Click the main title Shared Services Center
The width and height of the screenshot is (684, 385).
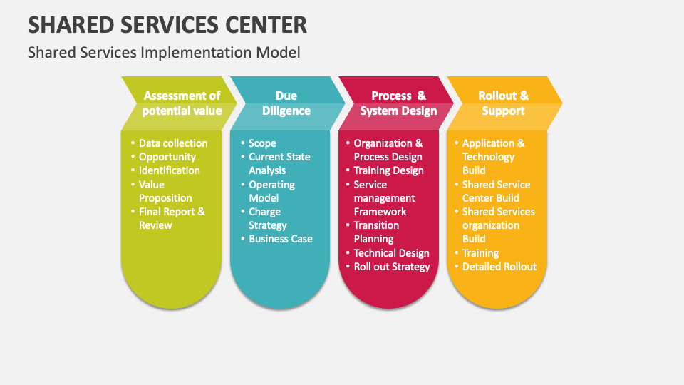click(167, 24)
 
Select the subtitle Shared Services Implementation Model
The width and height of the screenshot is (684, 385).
click(164, 52)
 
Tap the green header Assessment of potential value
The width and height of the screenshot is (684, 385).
click(182, 103)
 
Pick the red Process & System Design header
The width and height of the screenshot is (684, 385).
click(398, 103)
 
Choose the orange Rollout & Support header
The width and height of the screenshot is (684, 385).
click(503, 103)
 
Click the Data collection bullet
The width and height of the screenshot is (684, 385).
click(173, 143)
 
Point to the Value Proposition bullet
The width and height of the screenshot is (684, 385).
click(165, 191)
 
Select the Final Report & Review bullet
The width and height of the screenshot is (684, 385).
click(172, 218)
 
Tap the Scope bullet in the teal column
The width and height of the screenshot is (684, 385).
click(262, 143)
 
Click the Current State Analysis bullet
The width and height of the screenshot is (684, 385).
click(279, 163)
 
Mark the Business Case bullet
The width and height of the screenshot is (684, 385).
click(281, 239)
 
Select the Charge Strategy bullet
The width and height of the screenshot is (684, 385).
click(267, 218)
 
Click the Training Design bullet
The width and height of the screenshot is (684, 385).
click(389, 170)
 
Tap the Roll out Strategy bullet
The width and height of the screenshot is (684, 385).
click(392, 267)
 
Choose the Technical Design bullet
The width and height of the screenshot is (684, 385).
click(392, 253)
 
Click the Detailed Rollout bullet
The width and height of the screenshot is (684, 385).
click(499, 267)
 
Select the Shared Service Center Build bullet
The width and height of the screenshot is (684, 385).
click(496, 191)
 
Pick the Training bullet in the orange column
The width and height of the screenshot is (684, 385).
click(480, 253)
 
